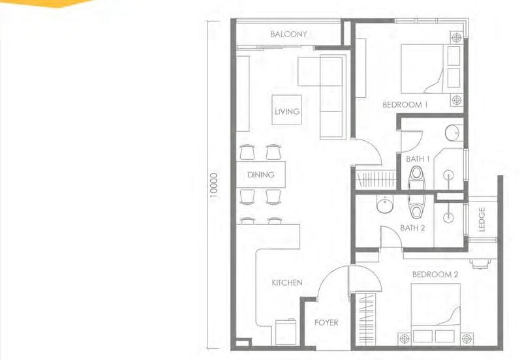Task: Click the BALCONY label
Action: [x=288, y=34]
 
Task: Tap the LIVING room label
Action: [x=287, y=112]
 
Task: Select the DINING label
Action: [x=260, y=175]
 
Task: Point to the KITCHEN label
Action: [x=287, y=282]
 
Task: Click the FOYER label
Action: [x=326, y=322]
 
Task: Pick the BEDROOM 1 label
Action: [x=405, y=104]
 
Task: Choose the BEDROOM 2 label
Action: [x=435, y=275]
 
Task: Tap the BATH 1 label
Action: [x=418, y=158]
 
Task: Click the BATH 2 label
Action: [x=412, y=228]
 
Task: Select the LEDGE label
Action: [x=482, y=219]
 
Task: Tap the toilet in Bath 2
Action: [x=416, y=206]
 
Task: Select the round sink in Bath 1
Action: [x=452, y=134]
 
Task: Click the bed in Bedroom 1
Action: [x=425, y=68]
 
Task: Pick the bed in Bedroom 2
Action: [x=435, y=309]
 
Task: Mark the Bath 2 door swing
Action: [x=391, y=239]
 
